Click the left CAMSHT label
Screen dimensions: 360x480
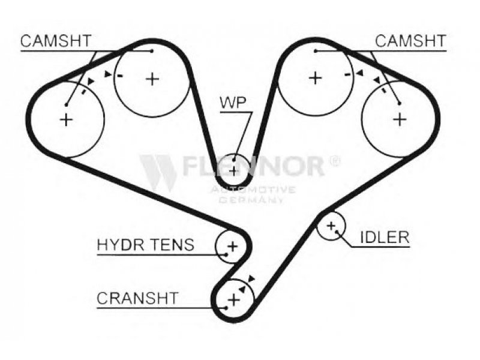55,41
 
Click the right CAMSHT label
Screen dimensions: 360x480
411,41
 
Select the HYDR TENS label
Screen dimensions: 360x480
146,245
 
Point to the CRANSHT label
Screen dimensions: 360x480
137,298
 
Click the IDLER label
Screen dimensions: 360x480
384,237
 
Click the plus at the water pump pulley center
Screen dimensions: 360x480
234,170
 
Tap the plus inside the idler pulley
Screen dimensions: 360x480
331,226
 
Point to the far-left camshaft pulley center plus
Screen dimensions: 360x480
66,119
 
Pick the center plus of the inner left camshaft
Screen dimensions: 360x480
153,78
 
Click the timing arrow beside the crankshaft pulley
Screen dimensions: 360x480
250,278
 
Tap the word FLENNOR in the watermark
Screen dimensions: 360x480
253,166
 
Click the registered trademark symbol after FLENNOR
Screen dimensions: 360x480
335,161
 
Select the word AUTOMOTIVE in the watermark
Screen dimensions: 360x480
251,190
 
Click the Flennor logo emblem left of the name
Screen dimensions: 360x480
158,172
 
